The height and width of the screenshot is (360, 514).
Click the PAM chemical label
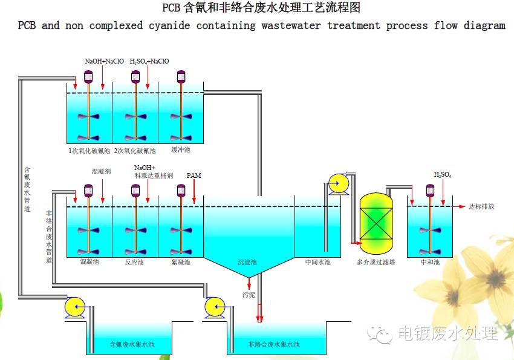[194, 175]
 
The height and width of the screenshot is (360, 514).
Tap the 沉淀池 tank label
[247, 262]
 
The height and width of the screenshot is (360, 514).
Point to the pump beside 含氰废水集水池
[76, 308]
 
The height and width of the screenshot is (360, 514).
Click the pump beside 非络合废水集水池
[215, 308]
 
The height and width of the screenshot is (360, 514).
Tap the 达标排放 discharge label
[481, 206]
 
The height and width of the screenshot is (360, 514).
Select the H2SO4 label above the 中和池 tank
[443, 175]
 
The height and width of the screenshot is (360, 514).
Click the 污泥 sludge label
[249, 295]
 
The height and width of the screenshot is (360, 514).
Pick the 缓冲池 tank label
[180, 150]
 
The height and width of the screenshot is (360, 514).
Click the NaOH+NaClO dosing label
[104, 61]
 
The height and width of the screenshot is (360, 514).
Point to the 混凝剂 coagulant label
[101, 172]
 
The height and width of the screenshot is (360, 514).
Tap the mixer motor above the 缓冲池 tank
[180, 76]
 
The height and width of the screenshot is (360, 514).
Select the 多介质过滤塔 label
[376, 262]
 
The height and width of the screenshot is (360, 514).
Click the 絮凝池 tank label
[181, 262]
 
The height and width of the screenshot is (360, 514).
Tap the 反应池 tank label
[134, 262]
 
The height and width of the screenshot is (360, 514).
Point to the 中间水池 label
[317, 262]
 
